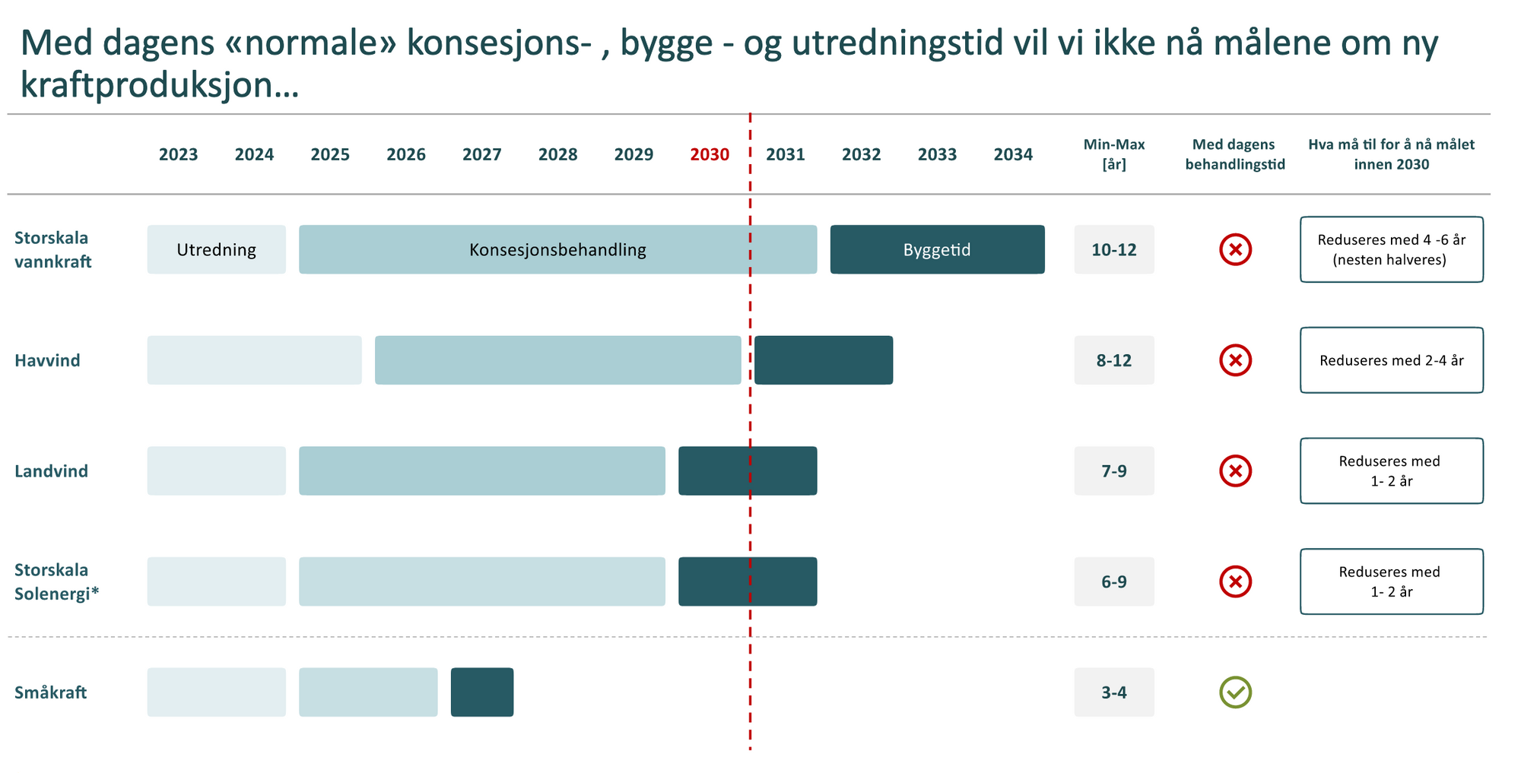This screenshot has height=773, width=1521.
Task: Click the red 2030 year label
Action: tap(709, 154)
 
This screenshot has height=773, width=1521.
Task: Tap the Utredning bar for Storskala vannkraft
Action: tap(216, 249)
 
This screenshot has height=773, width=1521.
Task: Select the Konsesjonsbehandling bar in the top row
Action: tap(557, 249)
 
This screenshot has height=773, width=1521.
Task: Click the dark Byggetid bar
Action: tap(937, 249)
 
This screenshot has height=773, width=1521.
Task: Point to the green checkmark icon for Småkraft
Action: tap(1235, 692)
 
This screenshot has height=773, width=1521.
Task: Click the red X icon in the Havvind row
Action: tap(1235, 360)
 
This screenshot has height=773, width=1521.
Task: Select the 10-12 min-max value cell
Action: tap(1113, 249)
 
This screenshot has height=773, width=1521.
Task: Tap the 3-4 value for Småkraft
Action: tap(1113, 692)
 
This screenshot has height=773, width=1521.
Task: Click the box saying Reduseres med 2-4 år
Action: tap(1391, 360)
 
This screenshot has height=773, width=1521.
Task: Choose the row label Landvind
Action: tap(51, 471)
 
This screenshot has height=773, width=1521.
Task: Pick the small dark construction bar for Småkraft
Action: tap(482, 692)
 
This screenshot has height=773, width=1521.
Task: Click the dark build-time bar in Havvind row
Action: tap(824, 360)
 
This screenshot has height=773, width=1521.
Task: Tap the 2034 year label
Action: tap(1013, 154)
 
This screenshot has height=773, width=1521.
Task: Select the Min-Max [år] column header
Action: tap(1113, 154)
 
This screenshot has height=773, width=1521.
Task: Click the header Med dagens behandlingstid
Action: tap(1234, 154)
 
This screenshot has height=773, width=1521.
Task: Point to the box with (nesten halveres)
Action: tap(1391, 249)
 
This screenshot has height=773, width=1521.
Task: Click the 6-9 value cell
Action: tap(1113, 581)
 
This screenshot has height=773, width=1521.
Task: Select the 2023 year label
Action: tap(178, 154)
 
